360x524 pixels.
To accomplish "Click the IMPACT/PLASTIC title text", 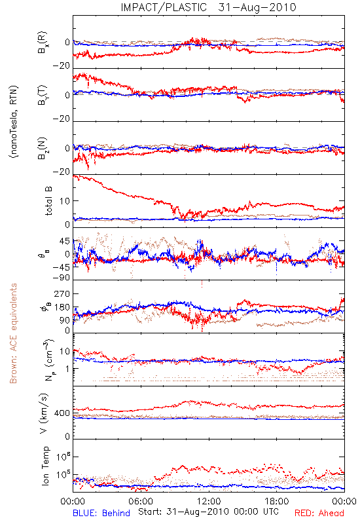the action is [164, 7].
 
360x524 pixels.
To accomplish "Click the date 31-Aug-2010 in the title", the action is [257, 7].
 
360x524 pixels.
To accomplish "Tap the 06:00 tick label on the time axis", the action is [141, 501].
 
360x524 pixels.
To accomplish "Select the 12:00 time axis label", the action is [209, 501].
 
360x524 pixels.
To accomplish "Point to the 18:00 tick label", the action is [277, 501].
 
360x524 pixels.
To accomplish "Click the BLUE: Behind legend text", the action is [101, 513].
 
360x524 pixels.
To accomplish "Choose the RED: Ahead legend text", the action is [319, 513].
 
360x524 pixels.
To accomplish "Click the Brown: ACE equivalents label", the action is [13, 333].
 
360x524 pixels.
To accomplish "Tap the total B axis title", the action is [48, 201].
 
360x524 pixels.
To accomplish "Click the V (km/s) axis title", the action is [45, 413].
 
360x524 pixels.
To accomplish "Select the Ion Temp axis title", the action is [45, 466].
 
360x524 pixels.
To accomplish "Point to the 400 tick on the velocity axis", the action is [62, 413].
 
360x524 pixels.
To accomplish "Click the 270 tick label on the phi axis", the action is [62, 293].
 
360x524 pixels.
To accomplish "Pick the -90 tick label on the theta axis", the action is [62, 278].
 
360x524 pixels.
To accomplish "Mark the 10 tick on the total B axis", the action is [65, 201].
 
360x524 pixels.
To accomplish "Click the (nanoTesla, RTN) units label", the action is [14, 122].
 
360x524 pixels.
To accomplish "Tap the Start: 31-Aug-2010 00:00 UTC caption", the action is [208, 512].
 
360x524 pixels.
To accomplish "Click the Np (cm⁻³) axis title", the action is [48, 359].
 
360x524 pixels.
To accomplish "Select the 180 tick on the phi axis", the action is [62, 307].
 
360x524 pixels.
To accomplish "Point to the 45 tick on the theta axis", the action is [65, 241].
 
